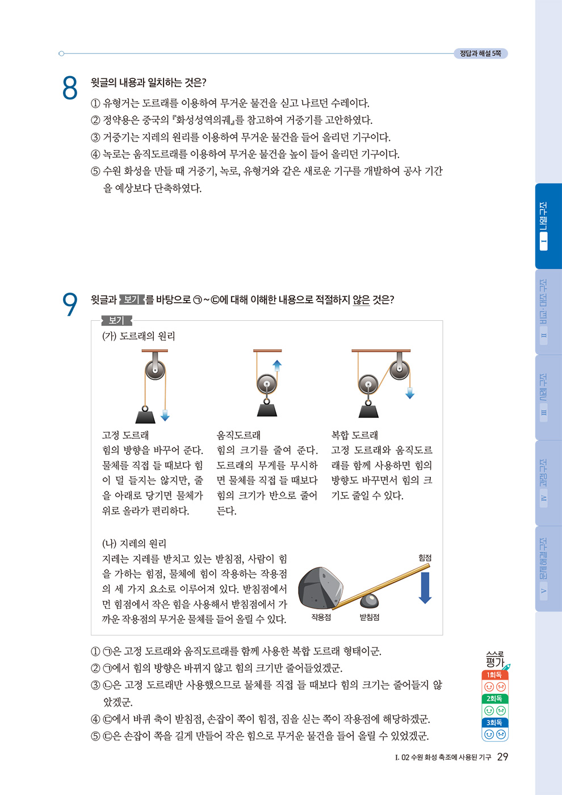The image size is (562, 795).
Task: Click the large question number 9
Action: (70, 304)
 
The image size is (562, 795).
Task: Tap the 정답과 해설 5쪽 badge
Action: (481, 53)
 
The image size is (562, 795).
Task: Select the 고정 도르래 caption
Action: (125, 435)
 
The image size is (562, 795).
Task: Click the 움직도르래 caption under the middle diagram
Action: (238, 435)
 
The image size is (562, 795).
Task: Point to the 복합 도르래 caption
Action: (354, 435)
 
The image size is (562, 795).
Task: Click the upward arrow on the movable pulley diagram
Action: (277, 366)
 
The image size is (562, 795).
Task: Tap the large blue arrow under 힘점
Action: (425, 588)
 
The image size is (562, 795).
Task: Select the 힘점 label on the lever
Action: (425, 558)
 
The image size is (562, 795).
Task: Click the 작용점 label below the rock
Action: (321, 617)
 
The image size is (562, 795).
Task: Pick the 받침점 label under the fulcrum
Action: (370, 617)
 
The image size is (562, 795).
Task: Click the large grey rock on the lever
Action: (320, 588)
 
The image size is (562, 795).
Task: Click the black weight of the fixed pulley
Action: (145, 415)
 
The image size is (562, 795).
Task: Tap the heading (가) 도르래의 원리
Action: (139, 336)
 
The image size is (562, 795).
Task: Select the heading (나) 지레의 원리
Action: (134, 543)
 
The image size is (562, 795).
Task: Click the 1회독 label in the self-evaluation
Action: (494, 675)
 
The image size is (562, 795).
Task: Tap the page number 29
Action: (502, 756)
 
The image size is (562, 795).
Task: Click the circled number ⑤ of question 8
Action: (95, 171)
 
